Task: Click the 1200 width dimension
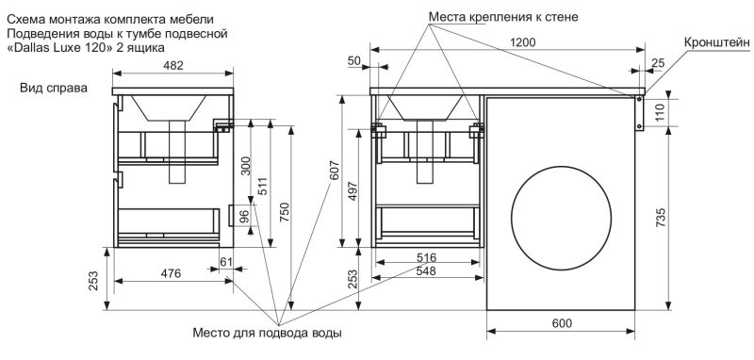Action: click(523, 42)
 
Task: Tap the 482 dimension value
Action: click(173, 66)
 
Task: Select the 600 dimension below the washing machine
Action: click(562, 323)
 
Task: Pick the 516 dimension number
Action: click(426, 256)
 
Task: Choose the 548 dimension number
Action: click(426, 271)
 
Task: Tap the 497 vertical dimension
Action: click(352, 190)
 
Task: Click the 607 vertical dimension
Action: click(336, 171)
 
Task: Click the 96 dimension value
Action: click(244, 216)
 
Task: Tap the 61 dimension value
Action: click(226, 262)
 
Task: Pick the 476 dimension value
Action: click(171, 273)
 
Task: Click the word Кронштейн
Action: click(717, 42)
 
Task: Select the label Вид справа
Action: click(54, 89)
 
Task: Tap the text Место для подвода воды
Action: click(268, 333)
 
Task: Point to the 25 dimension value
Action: click(658, 62)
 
